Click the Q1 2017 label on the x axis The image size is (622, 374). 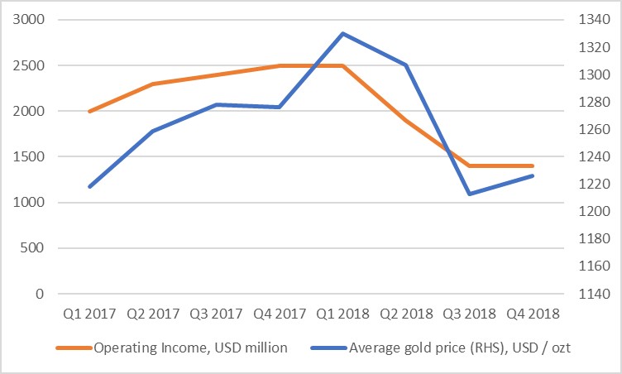click(89, 314)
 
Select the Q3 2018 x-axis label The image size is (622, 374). click(469, 314)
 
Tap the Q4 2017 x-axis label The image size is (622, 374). click(279, 314)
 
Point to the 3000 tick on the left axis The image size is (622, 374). click(29, 19)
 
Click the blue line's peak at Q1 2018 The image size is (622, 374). click(342, 33)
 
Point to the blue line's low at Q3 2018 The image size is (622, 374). click(469, 194)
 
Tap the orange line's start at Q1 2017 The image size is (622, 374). click(89, 111)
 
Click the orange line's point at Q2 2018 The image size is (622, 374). click(406, 120)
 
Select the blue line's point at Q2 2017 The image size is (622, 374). click(152, 131)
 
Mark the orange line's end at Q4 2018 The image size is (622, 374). click(533, 165)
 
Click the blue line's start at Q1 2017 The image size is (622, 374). click(89, 186)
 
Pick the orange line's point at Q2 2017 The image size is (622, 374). click(152, 84)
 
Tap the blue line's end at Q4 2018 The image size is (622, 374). click(533, 175)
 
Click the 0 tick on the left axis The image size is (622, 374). click(39, 294)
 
